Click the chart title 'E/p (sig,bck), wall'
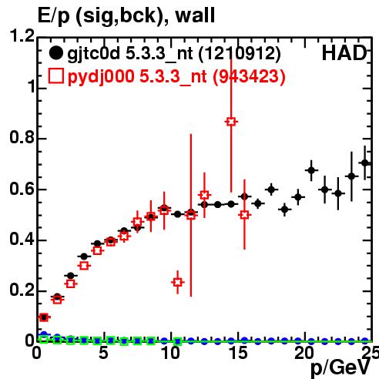coord(126,16)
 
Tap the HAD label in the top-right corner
coord(344,53)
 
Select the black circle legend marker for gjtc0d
coord(55,53)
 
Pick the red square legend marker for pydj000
coord(55,76)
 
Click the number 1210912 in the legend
coord(240,53)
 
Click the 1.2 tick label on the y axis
coord(22,35)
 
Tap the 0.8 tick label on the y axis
coord(22,137)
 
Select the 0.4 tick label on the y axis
coord(22,239)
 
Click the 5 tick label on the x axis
coord(103,353)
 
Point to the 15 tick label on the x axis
coord(239,353)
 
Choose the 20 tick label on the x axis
coord(304,353)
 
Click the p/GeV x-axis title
coord(340,367)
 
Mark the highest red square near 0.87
coord(231,122)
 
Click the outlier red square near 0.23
coord(178,282)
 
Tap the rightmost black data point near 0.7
coord(365,163)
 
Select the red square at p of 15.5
coord(244,215)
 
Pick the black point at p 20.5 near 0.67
coord(311,170)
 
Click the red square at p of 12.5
coord(204,195)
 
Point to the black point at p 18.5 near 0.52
coord(284,210)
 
